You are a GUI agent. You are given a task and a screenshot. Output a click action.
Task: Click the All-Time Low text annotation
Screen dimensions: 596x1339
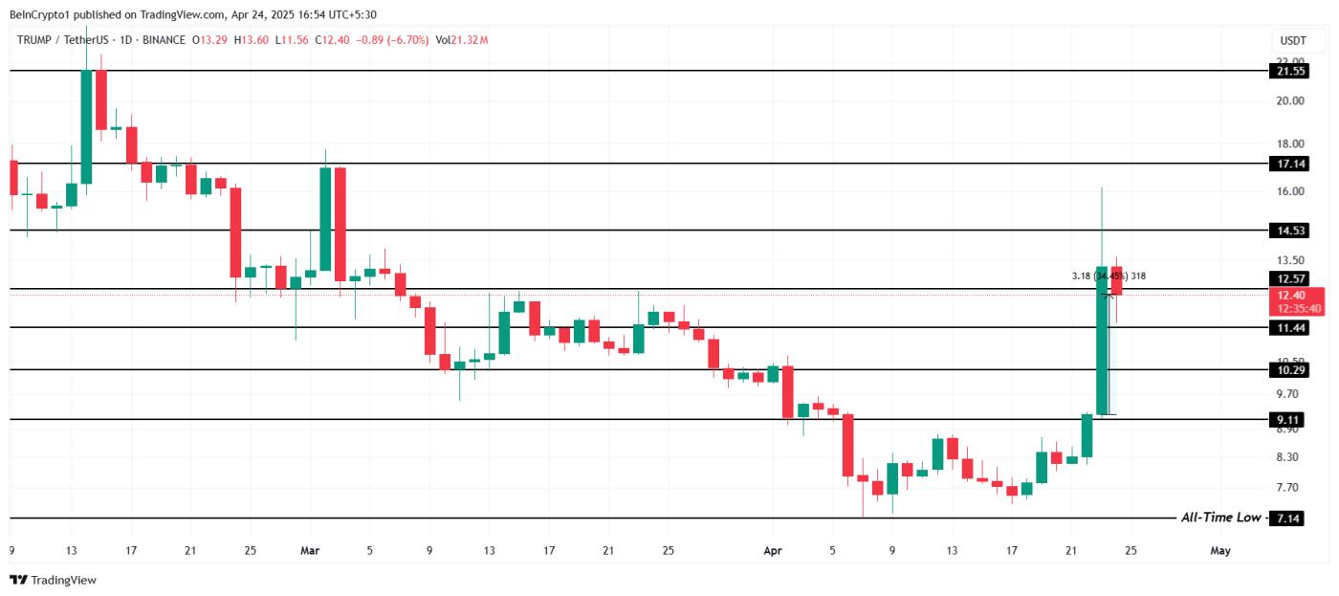(x=1220, y=518)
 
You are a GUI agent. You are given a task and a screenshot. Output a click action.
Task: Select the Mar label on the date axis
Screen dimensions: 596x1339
(x=310, y=550)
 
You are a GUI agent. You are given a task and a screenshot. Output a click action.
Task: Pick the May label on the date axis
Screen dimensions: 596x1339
(x=1219, y=550)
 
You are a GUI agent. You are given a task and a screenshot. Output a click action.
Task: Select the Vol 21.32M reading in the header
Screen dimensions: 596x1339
(x=462, y=40)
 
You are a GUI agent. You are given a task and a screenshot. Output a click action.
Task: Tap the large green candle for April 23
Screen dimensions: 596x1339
(x=1102, y=340)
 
